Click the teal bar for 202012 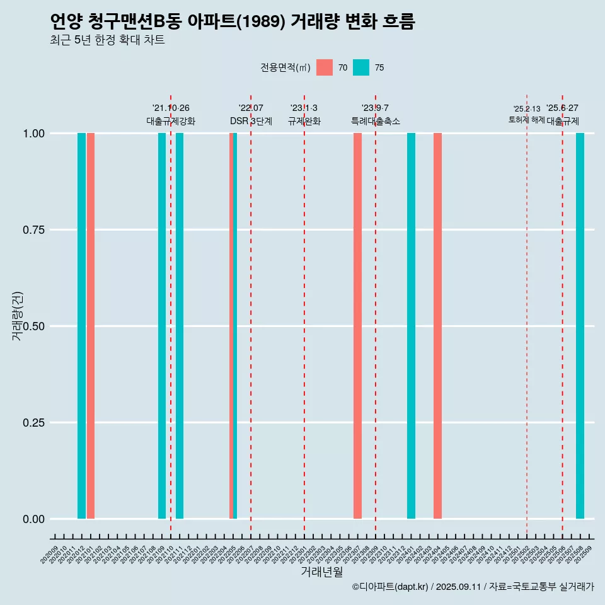click(x=81, y=326)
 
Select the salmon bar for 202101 click(x=91, y=326)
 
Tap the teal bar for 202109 click(x=162, y=326)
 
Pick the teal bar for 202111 click(x=180, y=326)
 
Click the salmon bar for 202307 click(x=357, y=326)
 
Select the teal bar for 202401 click(x=411, y=326)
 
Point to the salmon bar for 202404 click(x=437, y=326)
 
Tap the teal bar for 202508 click(x=580, y=326)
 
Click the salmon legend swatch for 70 click(x=325, y=67)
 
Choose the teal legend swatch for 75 click(x=361, y=67)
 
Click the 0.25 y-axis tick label click(x=32, y=423)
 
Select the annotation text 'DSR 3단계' click(x=251, y=122)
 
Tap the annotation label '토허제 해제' click(x=526, y=120)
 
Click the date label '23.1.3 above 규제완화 click(x=304, y=108)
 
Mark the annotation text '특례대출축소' click(x=376, y=122)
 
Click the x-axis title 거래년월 click(x=321, y=572)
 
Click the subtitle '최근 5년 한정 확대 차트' click(x=107, y=41)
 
